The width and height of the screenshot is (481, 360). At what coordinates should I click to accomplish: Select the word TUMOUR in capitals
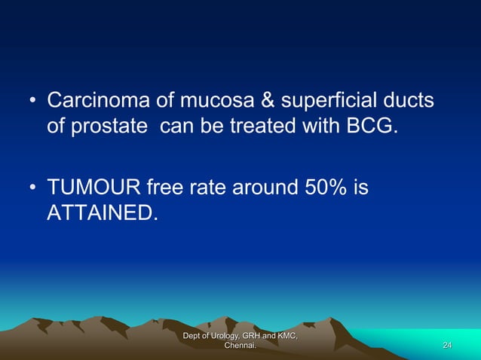click(91, 187)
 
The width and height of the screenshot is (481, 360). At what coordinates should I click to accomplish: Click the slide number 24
click(447, 345)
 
